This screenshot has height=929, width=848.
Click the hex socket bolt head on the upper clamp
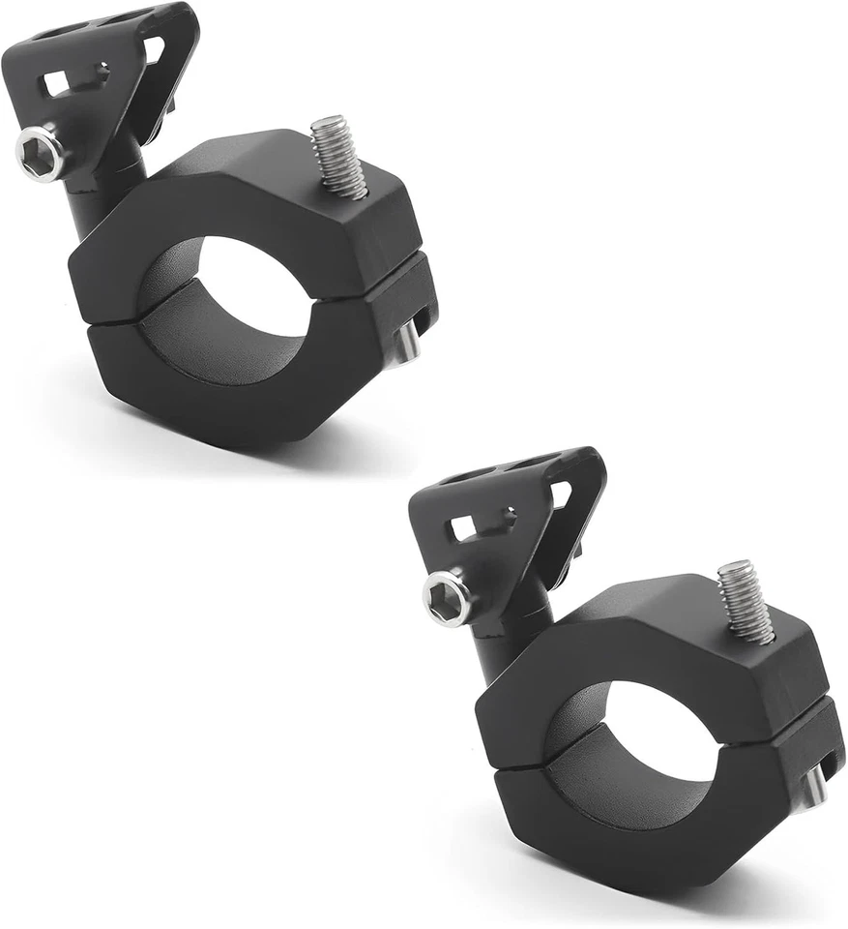40,153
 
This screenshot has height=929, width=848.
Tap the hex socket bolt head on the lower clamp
448,597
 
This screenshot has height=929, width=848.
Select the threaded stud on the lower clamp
747,601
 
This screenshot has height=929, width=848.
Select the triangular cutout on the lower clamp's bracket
561,494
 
